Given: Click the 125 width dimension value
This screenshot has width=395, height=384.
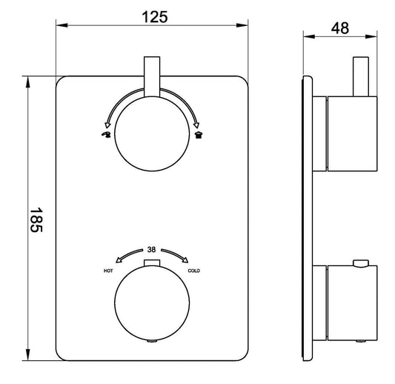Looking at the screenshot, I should coord(151,13).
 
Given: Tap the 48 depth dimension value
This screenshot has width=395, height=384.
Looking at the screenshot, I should coord(340,28).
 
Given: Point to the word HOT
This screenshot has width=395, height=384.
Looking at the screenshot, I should coord(108,271).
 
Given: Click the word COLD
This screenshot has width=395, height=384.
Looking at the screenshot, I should coord(194,271).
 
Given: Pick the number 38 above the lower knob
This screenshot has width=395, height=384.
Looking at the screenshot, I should coord(151,250).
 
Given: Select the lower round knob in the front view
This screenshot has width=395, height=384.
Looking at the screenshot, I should coord(151,302).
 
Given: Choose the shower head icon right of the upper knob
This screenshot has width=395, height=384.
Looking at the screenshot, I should coord(198,136).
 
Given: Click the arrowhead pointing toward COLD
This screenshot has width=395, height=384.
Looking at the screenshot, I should coord(184,259).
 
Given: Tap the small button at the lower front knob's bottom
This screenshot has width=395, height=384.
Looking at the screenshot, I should coord(151,340).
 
